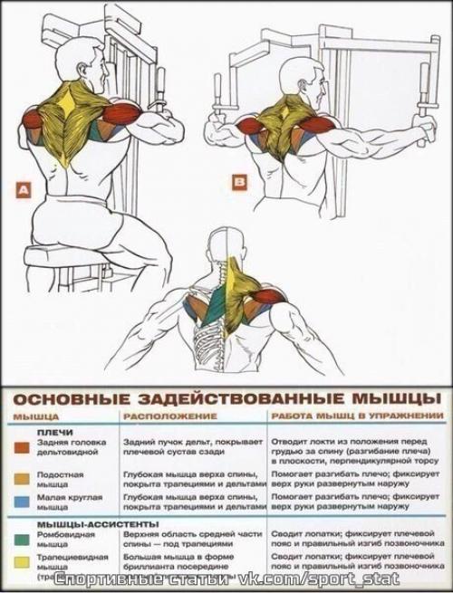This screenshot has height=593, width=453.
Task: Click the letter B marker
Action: [x=238, y=182]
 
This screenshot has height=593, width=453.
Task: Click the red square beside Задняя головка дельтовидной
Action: [x=21, y=446]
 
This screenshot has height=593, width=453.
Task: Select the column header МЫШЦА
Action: [x=34, y=416]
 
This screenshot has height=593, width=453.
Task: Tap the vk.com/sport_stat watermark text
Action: [x=300, y=577]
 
